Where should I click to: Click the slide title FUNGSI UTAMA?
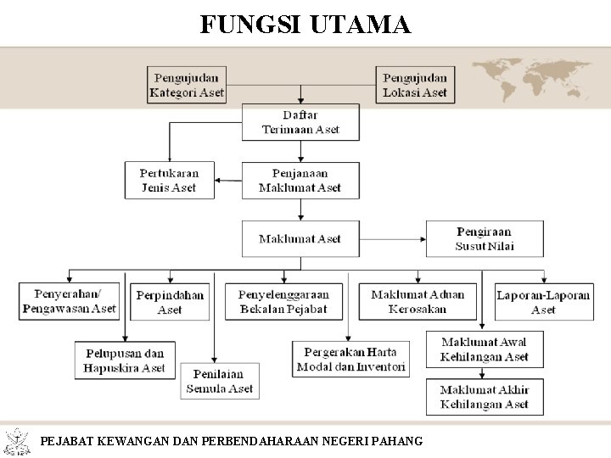pos(305,24)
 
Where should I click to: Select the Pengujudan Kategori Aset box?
pos(187,85)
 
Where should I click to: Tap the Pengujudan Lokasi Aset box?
pos(415,85)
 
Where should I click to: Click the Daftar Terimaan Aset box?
pos(300,122)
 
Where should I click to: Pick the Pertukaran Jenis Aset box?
pos(168,181)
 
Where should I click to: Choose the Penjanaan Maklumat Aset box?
pos(300,181)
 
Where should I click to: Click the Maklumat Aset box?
pos(300,239)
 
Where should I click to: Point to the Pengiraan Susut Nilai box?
pos(485,239)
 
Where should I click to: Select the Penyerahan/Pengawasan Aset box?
pos(70,302)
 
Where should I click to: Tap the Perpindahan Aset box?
pos(170,302)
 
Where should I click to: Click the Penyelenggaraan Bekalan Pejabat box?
pos(283,302)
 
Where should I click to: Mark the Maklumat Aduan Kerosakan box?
pos(418,302)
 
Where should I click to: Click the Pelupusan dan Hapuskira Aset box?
pos(125,360)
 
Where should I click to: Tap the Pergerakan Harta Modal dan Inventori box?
pos(351,360)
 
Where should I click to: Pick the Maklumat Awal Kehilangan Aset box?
pos(485,349)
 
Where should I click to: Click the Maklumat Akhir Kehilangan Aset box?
pos(485,397)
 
